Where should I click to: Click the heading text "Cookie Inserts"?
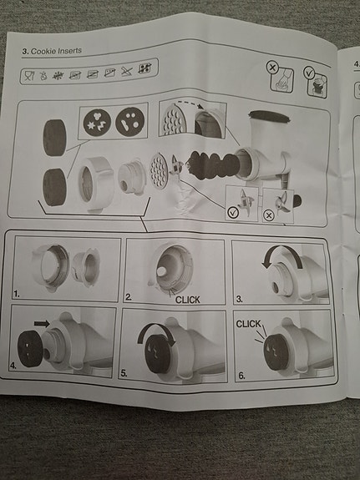[56, 51]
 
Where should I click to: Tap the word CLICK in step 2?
[187, 300]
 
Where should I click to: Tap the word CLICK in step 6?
[248, 324]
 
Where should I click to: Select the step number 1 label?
[16, 294]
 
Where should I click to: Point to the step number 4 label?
[13, 365]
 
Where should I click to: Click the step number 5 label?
[124, 373]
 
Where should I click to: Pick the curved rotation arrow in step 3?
[281, 254]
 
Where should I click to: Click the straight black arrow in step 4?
[42, 324]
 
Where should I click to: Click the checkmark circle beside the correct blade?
[234, 211]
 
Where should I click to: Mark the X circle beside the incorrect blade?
[269, 216]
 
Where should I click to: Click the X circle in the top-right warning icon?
[271, 67]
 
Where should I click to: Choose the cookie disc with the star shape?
[97, 120]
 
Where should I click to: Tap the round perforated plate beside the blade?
[159, 170]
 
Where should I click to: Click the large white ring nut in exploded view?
[95, 184]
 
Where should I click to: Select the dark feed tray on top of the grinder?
[269, 117]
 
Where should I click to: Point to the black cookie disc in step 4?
[30, 349]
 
